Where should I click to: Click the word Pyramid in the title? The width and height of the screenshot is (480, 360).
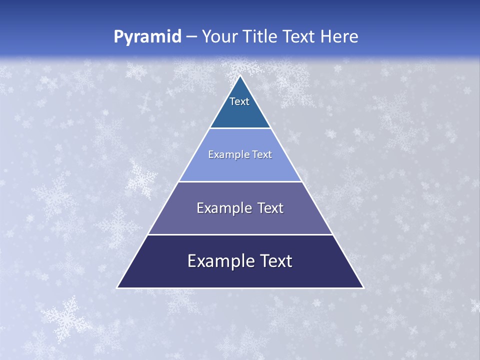point(147,37)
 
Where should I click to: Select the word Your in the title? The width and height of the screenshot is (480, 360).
point(219,36)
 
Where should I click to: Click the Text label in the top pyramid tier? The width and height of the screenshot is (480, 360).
point(239,101)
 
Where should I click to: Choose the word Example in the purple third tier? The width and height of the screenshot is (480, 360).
point(219,208)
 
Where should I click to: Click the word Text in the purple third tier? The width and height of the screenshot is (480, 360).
point(270,208)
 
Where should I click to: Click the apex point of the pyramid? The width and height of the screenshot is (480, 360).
point(240,75)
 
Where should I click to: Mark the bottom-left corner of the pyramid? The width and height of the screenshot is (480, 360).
point(117,288)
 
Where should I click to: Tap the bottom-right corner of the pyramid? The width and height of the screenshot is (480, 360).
point(363,288)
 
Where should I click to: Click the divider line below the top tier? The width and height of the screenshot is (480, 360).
point(240,128)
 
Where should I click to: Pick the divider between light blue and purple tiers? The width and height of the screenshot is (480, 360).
point(240,181)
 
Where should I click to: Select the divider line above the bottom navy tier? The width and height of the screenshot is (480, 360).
point(240,234)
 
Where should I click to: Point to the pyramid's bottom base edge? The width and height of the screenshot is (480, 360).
point(240,288)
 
